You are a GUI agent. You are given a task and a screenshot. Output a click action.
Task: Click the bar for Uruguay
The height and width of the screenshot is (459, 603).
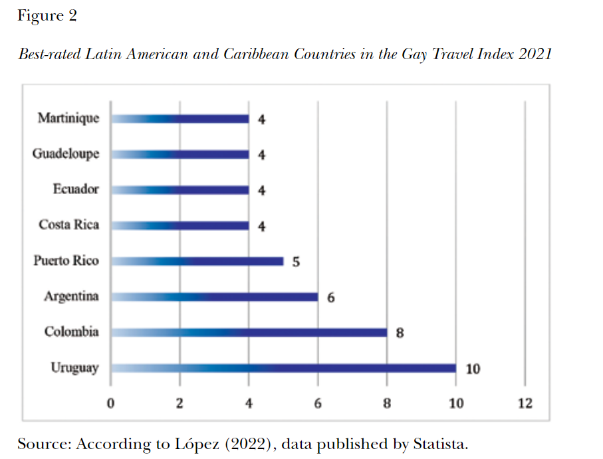point(283,368)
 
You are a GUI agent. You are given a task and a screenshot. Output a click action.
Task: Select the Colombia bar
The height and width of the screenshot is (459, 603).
point(249,332)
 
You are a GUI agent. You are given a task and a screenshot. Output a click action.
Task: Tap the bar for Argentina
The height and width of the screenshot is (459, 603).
point(214,296)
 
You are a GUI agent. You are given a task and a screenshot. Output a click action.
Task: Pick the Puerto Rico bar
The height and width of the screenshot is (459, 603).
point(197,261)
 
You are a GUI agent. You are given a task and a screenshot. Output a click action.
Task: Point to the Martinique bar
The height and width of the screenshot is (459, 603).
point(180,119)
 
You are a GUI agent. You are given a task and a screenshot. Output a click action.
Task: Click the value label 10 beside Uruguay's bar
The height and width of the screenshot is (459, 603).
point(473,369)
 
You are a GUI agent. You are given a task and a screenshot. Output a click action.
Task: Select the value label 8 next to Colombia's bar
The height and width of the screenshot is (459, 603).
point(400,333)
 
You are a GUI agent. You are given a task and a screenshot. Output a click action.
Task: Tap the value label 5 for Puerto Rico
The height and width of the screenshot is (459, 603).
point(296,262)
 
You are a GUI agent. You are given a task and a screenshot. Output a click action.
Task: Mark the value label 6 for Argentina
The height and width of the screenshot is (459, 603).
point(330,298)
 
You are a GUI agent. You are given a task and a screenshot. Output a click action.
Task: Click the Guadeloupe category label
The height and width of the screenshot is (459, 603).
point(66,154)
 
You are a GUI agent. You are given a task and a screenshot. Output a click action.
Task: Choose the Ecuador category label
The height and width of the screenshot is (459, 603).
point(76,189)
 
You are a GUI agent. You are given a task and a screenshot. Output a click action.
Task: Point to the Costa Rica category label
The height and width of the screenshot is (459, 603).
point(68,225)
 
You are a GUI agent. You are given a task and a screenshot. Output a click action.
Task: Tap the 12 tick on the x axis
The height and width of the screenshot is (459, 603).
point(525,403)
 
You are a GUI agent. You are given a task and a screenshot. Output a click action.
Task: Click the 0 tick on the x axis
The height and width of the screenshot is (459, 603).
point(111,403)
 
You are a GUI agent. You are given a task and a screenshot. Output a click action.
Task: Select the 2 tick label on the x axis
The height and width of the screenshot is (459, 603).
point(180,403)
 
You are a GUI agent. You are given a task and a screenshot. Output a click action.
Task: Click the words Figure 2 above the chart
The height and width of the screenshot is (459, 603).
point(47,16)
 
